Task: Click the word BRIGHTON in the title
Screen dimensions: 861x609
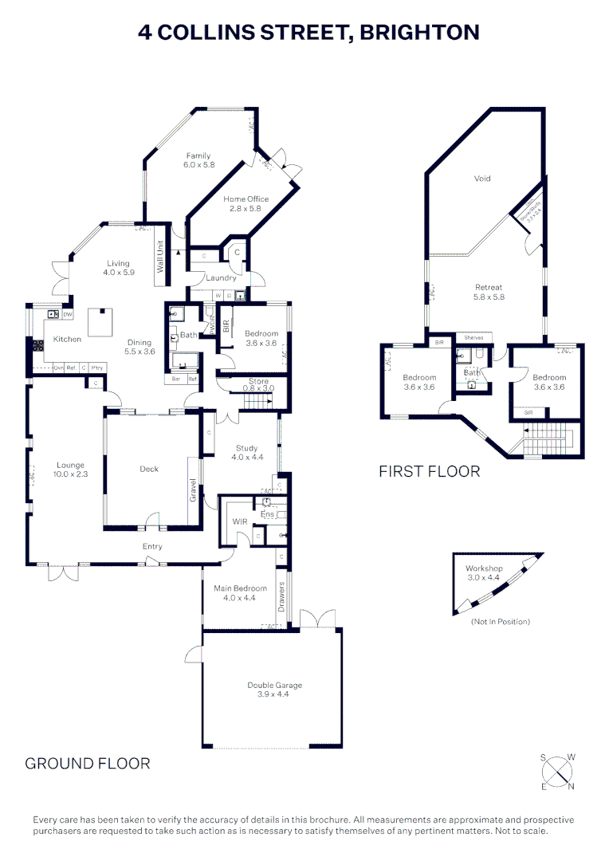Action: pyautogui.click(x=419, y=33)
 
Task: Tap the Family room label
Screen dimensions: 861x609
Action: pyautogui.click(x=198, y=155)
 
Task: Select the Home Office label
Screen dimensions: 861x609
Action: pyautogui.click(x=246, y=199)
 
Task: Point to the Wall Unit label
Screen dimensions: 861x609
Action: pyautogui.click(x=159, y=257)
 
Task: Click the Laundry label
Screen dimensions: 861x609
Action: pyautogui.click(x=221, y=278)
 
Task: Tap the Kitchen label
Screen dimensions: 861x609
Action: pyautogui.click(x=67, y=340)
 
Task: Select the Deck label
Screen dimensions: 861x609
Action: pyautogui.click(x=149, y=469)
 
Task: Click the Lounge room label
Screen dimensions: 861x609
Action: pyautogui.click(x=70, y=466)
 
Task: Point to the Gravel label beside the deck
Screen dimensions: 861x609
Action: pyautogui.click(x=193, y=488)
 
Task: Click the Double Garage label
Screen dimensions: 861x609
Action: pyautogui.click(x=274, y=685)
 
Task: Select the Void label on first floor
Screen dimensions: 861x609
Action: pyautogui.click(x=482, y=179)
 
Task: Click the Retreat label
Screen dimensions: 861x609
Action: pyautogui.click(x=489, y=287)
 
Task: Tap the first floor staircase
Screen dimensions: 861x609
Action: pyautogui.click(x=547, y=439)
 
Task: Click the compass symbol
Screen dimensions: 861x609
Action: pyautogui.click(x=559, y=771)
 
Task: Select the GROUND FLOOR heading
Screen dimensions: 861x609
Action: pyautogui.click(x=88, y=763)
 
